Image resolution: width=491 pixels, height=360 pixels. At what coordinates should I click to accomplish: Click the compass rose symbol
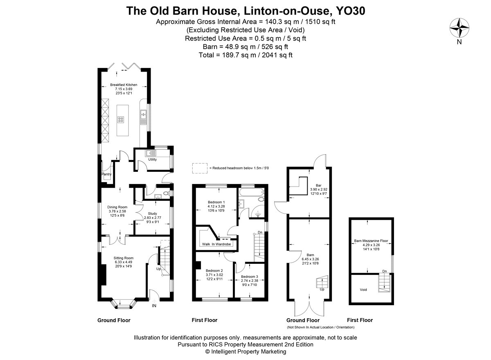tap(459, 28)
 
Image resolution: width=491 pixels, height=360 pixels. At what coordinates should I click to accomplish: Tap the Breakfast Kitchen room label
tap(124, 85)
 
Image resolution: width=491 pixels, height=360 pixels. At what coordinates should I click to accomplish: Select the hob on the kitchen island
tap(121, 119)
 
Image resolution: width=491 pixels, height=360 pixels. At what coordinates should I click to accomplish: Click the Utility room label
tap(152, 160)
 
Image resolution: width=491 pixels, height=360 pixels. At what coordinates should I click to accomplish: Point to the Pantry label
tap(106, 174)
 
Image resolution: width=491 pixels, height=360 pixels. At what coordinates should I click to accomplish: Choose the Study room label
tap(152, 214)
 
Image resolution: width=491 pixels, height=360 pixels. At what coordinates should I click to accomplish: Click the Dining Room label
tap(117, 207)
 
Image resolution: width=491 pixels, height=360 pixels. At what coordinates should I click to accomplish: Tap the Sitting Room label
tap(124, 258)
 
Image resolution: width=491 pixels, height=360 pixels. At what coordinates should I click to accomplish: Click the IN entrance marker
tap(154, 306)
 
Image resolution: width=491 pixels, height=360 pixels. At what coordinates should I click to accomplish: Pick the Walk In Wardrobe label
tap(216, 244)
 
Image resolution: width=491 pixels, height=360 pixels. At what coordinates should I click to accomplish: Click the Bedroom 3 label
tap(250, 277)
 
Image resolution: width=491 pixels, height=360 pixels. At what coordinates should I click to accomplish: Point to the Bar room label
tap(318, 185)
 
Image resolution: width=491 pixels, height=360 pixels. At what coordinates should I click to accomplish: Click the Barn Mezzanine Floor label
tap(371, 241)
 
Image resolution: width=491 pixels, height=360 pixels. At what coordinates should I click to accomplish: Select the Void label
tap(363, 290)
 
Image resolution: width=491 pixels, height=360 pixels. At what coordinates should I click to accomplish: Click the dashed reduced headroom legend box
tap(200, 168)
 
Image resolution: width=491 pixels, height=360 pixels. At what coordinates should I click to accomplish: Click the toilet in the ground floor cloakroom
tap(167, 193)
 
